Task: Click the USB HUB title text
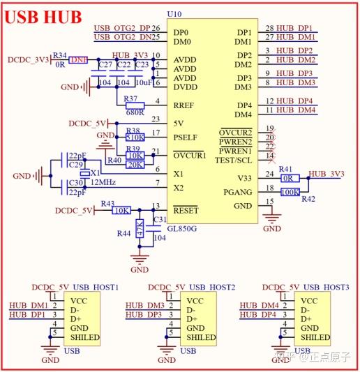click(43, 16)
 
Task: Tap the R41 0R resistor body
click(289, 178)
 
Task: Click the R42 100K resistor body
click(289, 191)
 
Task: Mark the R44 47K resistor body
click(140, 229)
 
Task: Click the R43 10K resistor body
click(121, 210)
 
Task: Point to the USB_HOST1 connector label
click(96, 287)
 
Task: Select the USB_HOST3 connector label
click(327, 287)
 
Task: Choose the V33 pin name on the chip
click(243, 178)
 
